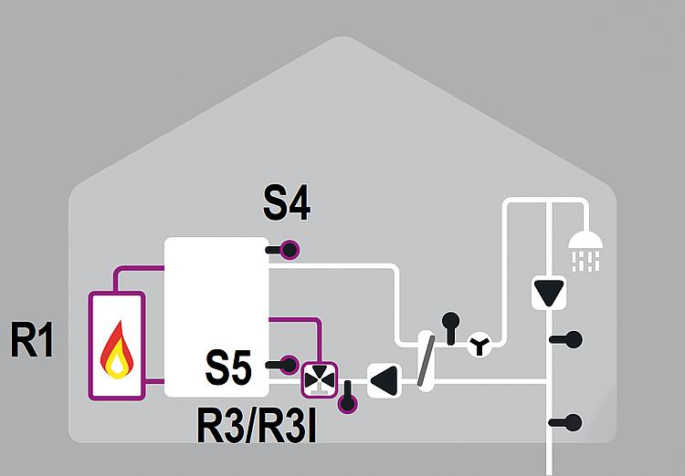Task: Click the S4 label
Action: pyautogui.click(x=287, y=204)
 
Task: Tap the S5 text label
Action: pyautogui.click(x=228, y=367)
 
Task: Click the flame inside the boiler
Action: pyautogui.click(x=116, y=350)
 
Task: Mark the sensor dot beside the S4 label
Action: pyautogui.click(x=290, y=249)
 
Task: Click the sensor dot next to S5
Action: pyautogui.click(x=290, y=364)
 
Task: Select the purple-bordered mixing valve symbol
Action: pyautogui.click(x=319, y=378)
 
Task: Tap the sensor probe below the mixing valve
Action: pyautogui.click(x=347, y=402)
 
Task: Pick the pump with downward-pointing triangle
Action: pyautogui.click(x=548, y=294)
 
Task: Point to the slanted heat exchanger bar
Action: pyautogui.click(x=426, y=360)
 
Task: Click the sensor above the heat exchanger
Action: pyautogui.click(x=450, y=321)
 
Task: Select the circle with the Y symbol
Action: pyautogui.click(x=479, y=346)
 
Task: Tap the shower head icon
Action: pyautogui.click(x=585, y=249)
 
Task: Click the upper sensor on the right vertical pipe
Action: pyautogui.click(x=573, y=340)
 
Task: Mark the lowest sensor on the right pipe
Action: pyautogui.click(x=573, y=421)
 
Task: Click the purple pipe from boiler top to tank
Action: pyautogui.click(x=137, y=270)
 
